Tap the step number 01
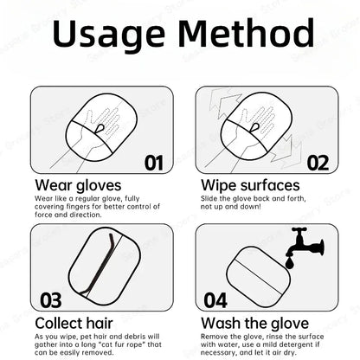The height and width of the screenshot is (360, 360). tap(153, 162)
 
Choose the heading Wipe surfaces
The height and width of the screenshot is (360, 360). tap(250, 184)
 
